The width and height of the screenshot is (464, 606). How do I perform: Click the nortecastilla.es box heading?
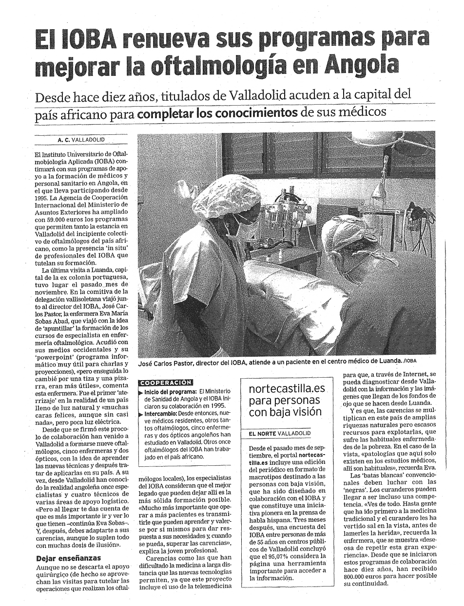point(287,401)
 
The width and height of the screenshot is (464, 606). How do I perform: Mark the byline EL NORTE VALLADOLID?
point(279,433)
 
